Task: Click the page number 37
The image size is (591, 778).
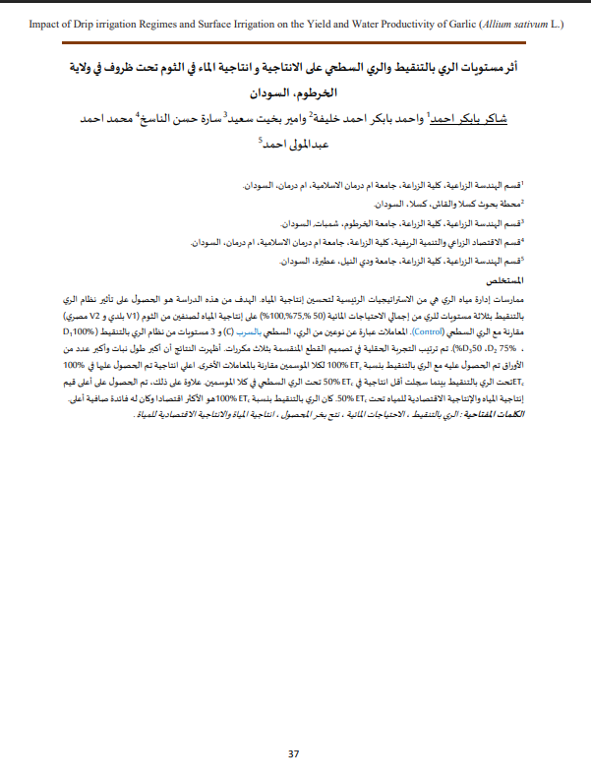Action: coord(293,754)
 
